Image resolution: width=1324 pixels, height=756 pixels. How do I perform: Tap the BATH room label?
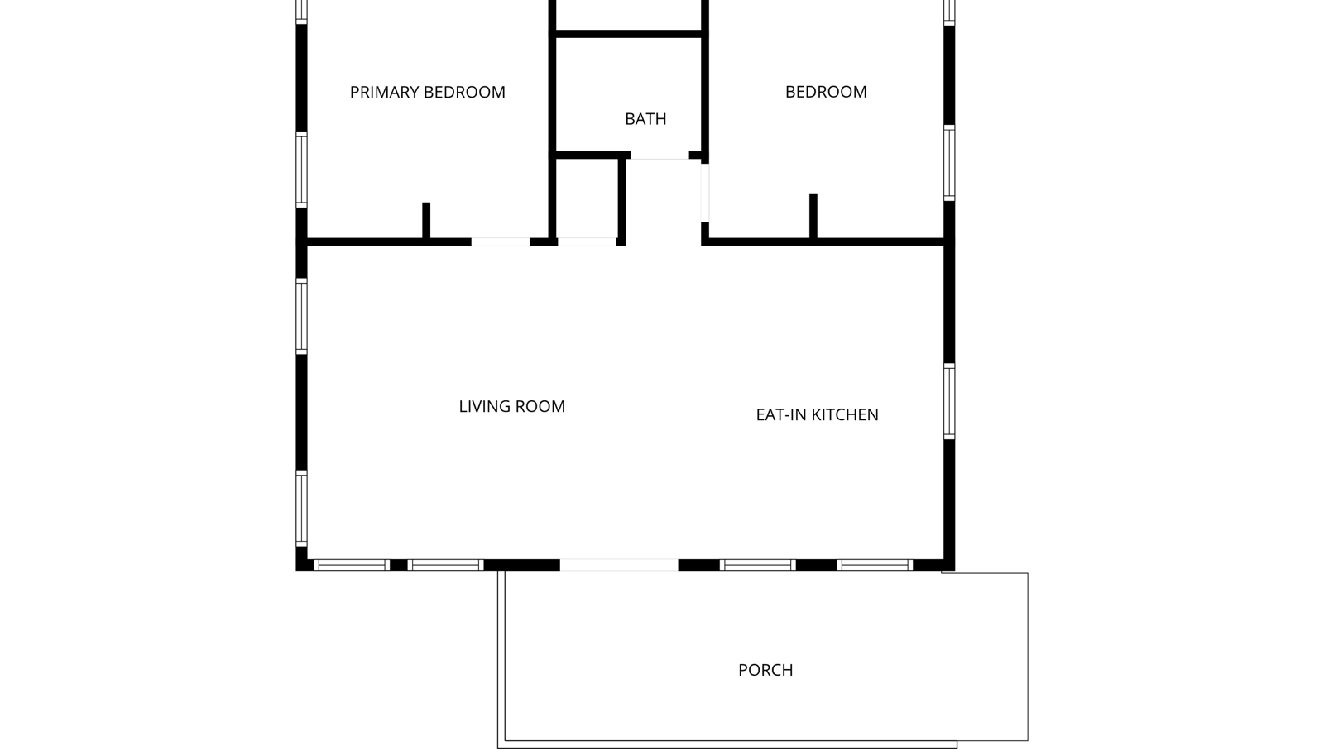[x=645, y=119]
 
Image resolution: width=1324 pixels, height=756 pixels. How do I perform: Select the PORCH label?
[x=765, y=670]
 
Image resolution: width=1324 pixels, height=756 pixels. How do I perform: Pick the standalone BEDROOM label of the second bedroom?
[x=826, y=92]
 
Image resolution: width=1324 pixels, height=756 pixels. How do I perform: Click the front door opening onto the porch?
[x=619, y=565]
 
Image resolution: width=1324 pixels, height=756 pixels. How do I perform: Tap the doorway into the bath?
[x=660, y=156]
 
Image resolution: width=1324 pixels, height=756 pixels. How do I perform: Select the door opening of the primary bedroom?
[x=500, y=242]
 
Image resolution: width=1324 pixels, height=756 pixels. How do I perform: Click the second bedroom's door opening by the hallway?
[x=704, y=193]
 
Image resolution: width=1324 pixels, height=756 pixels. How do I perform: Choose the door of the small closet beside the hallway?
[x=587, y=242]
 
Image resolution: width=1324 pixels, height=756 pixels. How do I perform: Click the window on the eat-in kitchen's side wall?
[x=948, y=402]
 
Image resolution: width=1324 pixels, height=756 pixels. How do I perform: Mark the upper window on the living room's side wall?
[x=301, y=316]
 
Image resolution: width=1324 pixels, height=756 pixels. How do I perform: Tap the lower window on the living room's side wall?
[x=301, y=509]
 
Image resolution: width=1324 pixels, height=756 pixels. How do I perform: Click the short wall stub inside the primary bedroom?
[x=426, y=222]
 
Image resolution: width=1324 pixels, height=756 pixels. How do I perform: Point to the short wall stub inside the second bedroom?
[x=813, y=218]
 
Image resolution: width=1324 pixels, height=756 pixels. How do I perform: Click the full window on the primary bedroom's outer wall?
[x=301, y=170]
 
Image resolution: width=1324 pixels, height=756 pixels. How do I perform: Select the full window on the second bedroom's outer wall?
[x=948, y=163]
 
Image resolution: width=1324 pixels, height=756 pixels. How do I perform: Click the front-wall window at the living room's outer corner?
[x=352, y=565]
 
